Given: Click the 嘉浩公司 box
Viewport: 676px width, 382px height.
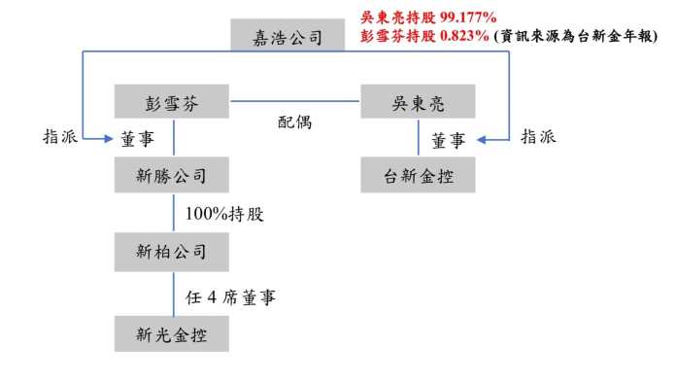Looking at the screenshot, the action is click(x=287, y=35).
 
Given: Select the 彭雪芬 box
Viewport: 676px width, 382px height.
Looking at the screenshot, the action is click(x=172, y=101).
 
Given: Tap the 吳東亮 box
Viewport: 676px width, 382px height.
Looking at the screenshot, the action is click(x=418, y=101).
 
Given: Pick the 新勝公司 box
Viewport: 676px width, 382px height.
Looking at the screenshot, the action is click(x=172, y=175).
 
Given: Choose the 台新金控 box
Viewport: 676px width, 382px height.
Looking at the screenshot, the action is click(x=418, y=175).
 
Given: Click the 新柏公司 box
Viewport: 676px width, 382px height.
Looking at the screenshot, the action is click(x=172, y=252).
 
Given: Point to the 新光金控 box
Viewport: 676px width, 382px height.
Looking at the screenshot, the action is click(x=172, y=333).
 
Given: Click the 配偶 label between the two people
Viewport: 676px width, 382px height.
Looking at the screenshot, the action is click(x=294, y=122).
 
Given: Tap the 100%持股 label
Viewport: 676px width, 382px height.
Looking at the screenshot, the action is click(x=224, y=214).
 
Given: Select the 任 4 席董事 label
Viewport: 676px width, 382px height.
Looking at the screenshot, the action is click(x=230, y=297).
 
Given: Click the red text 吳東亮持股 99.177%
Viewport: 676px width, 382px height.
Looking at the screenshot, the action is click(x=428, y=17).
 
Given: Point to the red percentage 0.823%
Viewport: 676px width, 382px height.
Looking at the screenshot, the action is click(x=464, y=36).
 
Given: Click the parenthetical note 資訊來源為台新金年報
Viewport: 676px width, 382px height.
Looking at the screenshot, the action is click(x=576, y=36).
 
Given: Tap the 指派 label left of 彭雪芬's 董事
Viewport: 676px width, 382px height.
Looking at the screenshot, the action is click(x=60, y=137).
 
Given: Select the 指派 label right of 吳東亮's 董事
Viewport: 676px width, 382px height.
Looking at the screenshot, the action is click(x=538, y=137).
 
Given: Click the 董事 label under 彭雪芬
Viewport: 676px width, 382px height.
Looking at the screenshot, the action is click(x=138, y=139).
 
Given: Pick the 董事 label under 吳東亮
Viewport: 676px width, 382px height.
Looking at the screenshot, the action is click(x=449, y=141).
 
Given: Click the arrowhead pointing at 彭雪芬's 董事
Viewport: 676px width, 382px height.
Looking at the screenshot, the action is click(x=108, y=139).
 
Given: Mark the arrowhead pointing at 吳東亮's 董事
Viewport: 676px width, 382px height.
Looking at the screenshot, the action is click(x=482, y=139).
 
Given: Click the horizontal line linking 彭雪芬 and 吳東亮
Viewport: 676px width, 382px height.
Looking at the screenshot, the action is click(x=295, y=101).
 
